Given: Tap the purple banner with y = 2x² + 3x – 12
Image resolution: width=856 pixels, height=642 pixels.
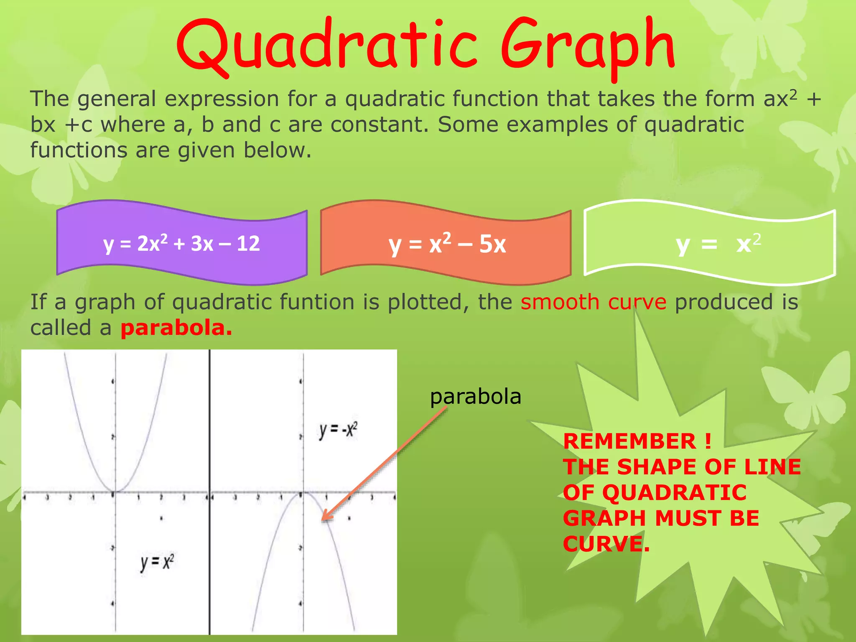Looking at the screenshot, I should click(x=182, y=243).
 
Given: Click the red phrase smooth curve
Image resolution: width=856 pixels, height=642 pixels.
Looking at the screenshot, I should click(x=593, y=302).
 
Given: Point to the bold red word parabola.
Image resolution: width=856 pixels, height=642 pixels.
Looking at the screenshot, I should click(x=176, y=328).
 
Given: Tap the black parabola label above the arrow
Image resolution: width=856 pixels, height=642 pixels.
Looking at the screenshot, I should click(x=475, y=396).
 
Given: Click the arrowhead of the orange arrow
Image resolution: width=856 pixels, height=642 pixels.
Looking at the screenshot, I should click(x=324, y=519).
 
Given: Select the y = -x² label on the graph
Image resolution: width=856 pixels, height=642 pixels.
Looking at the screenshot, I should click(x=338, y=431).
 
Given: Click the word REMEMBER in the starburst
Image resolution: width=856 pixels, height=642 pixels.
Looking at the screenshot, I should click(x=629, y=441).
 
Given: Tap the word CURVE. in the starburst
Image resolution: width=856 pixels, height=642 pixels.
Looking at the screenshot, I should click(x=606, y=544).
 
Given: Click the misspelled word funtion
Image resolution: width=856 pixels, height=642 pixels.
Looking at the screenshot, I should click(x=317, y=302).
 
